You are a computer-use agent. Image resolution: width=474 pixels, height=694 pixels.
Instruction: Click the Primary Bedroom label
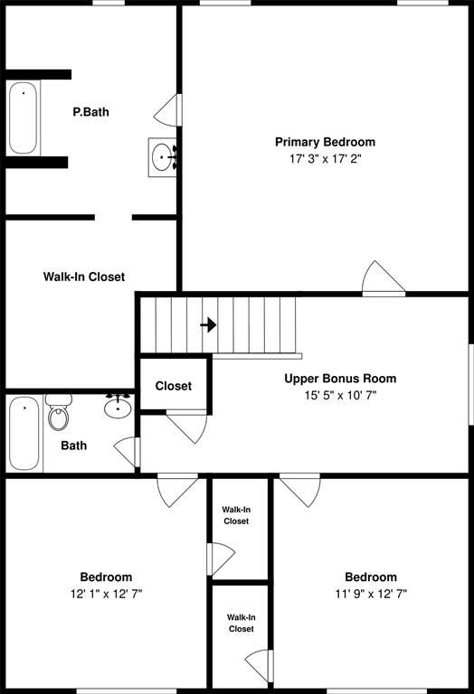(325, 142)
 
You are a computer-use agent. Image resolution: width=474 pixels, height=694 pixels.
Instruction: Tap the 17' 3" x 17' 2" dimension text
(325, 158)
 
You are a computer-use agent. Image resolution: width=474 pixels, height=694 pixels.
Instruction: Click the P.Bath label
(91, 113)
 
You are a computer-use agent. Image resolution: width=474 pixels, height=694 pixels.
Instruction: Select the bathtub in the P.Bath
(24, 117)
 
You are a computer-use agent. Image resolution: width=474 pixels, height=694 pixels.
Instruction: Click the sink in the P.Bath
(162, 157)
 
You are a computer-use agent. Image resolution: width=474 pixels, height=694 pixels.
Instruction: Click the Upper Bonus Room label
(340, 379)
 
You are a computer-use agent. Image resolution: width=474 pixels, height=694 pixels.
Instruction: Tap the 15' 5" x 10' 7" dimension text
(340, 395)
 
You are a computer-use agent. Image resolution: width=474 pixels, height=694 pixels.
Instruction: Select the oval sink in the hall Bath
(118, 408)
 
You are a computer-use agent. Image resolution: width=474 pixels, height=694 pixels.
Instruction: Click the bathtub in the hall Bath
(24, 435)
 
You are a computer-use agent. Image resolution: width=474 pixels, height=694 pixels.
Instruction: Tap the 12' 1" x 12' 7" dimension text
(106, 594)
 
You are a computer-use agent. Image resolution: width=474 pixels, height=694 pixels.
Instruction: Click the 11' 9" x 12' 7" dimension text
(370, 594)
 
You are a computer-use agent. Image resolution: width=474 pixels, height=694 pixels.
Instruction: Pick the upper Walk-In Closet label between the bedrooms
(236, 515)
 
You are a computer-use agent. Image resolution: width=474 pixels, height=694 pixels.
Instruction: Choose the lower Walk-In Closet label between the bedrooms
(241, 623)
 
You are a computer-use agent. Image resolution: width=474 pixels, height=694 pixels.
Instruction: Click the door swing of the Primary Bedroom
(381, 279)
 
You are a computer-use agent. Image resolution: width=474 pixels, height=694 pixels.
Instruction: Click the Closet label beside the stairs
(173, 386)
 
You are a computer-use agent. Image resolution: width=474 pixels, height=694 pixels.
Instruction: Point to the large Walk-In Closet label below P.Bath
(84, 277)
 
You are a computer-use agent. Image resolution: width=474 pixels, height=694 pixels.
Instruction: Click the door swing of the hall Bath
(127, 451)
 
